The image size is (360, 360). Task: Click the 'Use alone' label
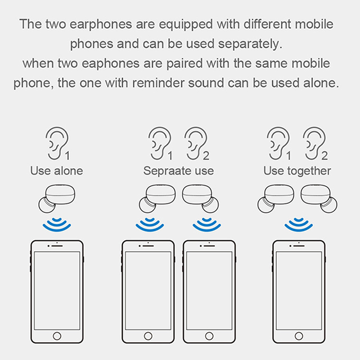click(57, 171)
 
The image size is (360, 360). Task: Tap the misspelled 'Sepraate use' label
click(179, 171)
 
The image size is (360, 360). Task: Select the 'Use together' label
click(297, 171)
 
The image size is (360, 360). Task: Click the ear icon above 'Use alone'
click(57, 143)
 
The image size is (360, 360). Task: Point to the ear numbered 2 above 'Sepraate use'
click(196, 143)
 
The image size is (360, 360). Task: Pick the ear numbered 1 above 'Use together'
click(278, 143)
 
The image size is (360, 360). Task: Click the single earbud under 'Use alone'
click(57, 199)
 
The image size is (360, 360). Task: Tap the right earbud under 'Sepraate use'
click(200, 199)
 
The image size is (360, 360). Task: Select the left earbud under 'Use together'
click(276, 199)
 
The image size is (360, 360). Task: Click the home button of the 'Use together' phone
click(299, 336)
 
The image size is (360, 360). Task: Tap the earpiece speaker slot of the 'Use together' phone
click(299, 246)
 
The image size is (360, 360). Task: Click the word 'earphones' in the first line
click(101, 25)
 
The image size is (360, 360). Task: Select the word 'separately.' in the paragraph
click(250, 44)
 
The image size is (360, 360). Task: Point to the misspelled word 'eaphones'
click(111, 64)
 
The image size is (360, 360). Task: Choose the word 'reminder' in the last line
click(158, 83)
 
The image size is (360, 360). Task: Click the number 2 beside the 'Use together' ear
click(324, 156)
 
